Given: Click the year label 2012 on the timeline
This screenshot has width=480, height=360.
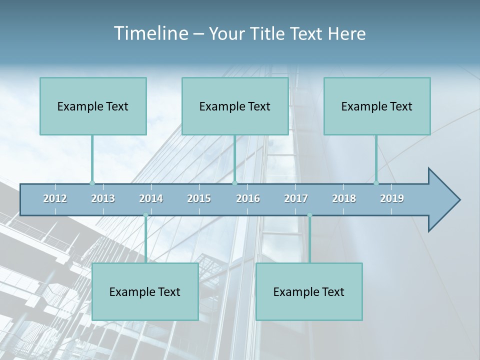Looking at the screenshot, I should [55, 198].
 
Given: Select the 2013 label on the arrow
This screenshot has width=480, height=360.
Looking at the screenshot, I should [103, 198].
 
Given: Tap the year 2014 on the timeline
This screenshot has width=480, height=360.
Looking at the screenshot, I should [151, 198].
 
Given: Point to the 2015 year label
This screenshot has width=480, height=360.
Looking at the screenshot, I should [199, 198].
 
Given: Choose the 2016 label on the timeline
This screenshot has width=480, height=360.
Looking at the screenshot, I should [248, 198].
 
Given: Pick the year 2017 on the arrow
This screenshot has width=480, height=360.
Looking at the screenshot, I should [296, 198].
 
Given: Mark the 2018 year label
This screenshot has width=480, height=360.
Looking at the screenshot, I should [344, 198].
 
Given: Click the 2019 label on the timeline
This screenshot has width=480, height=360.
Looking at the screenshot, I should [392, 198].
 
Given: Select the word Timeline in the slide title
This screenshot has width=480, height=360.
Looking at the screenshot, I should [150, 33].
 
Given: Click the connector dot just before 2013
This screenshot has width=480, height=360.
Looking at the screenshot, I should [92, 183].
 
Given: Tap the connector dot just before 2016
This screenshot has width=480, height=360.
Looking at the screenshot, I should [234, 183].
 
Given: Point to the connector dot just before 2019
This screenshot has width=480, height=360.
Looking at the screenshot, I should [376, 183].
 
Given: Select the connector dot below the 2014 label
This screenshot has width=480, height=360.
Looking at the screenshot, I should [145, 215].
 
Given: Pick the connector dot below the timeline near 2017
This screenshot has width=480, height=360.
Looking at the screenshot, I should [309, 215].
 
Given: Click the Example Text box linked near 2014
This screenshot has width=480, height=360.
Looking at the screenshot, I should [145, 291].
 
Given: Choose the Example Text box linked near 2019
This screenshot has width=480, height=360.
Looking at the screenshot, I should [377, 106].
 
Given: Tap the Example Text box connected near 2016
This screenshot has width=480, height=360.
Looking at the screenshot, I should [235, 106].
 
